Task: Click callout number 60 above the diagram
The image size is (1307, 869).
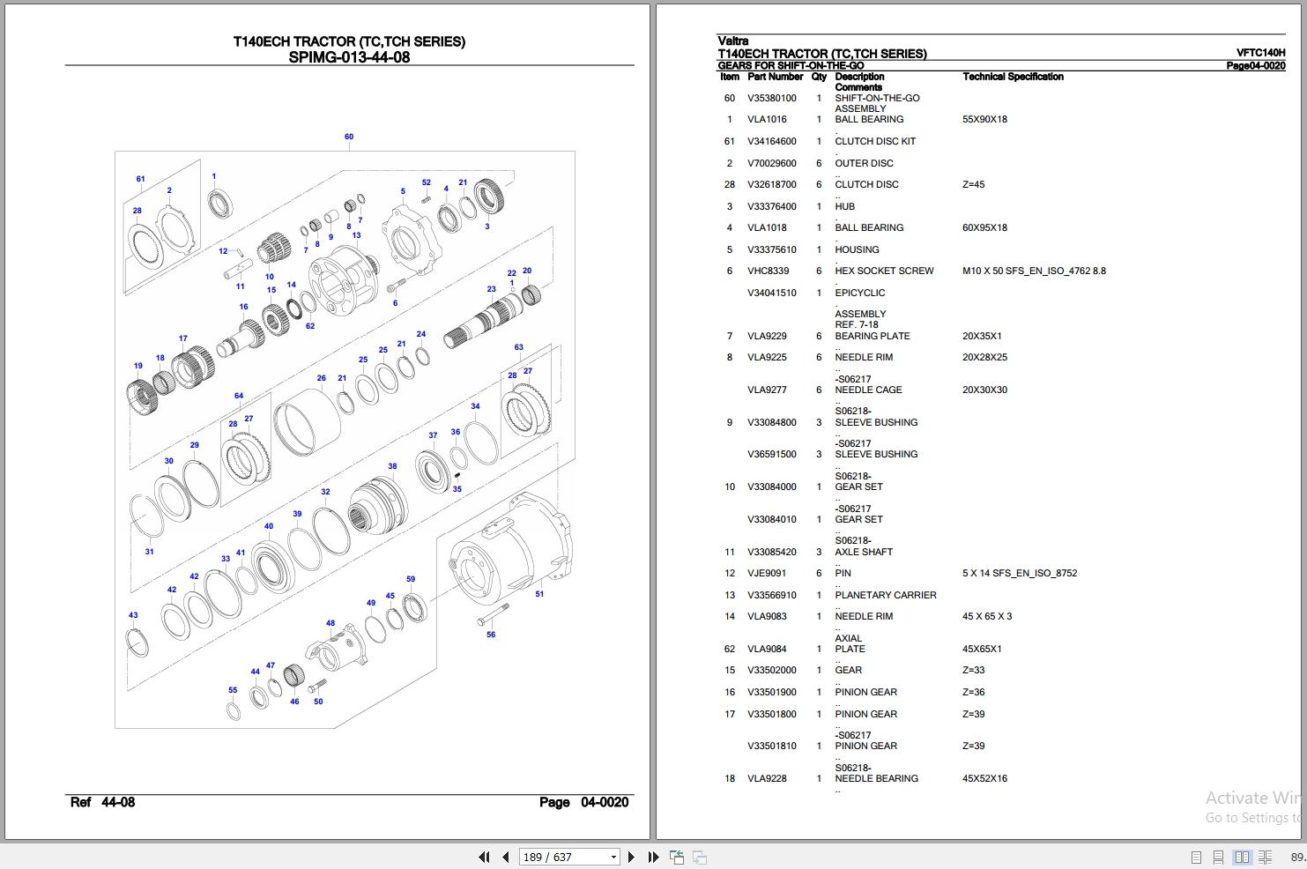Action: (349, 137)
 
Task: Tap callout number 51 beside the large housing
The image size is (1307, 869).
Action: (539, 594)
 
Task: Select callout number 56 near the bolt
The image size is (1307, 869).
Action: (491, 635)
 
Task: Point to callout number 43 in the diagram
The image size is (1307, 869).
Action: (133, 615)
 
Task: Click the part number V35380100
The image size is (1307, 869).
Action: (771, 99)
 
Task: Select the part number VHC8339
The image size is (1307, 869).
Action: (768, 271)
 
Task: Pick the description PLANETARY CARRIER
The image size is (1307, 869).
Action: (885, 596)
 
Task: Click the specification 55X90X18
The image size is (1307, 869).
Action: (984, 120)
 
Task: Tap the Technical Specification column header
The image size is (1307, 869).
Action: (1013, 78)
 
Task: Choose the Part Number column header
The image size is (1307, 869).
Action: (775, 78)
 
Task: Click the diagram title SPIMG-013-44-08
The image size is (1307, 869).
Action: (349, 58)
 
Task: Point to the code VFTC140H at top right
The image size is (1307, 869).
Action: (1260, 53)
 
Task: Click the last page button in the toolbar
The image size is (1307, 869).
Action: (653, 857)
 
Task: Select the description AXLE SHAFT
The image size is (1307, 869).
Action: (864, 553)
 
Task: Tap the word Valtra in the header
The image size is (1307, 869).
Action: (732, 41)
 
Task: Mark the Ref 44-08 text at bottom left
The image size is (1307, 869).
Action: (102, 802)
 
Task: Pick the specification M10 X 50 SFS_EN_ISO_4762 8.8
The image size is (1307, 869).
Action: (1034, 271)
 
